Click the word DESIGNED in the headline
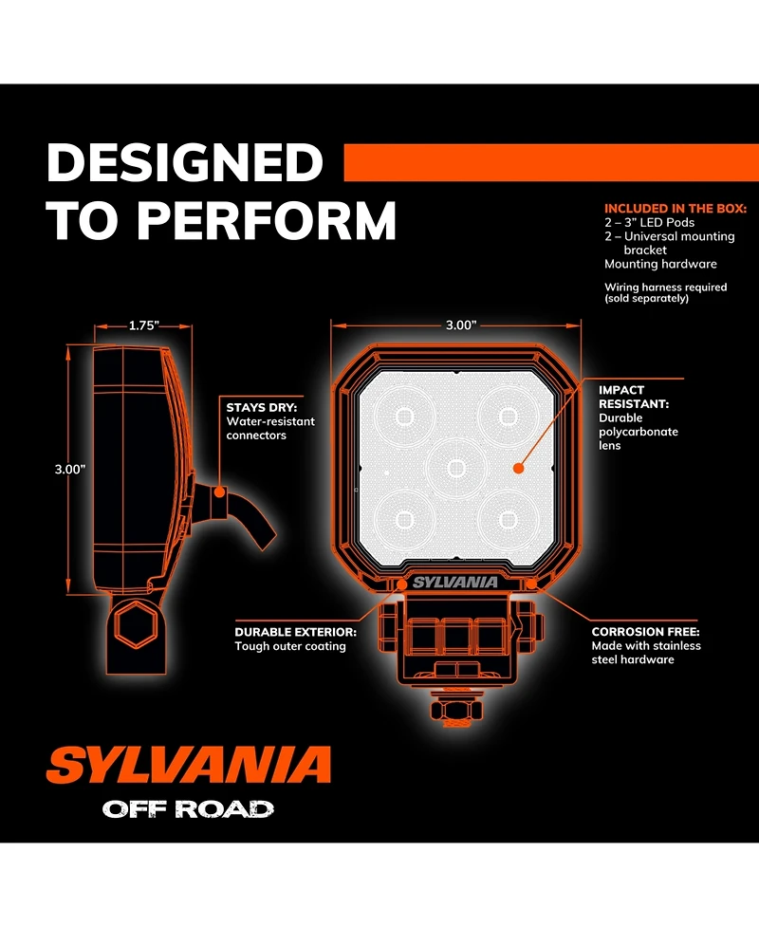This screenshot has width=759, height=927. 185,163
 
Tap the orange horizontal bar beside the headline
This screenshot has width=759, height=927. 550,162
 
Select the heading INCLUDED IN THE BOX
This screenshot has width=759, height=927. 676,208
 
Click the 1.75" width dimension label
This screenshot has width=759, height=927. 144,324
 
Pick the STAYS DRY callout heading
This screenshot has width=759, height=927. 262,408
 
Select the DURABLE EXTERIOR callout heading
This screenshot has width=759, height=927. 295,631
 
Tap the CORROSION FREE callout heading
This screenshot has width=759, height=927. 645,631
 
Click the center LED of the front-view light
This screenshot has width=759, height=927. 455,467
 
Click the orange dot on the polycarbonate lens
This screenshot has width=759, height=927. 518,468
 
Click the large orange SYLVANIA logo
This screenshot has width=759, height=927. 189,765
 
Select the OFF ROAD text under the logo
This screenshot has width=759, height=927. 188,809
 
